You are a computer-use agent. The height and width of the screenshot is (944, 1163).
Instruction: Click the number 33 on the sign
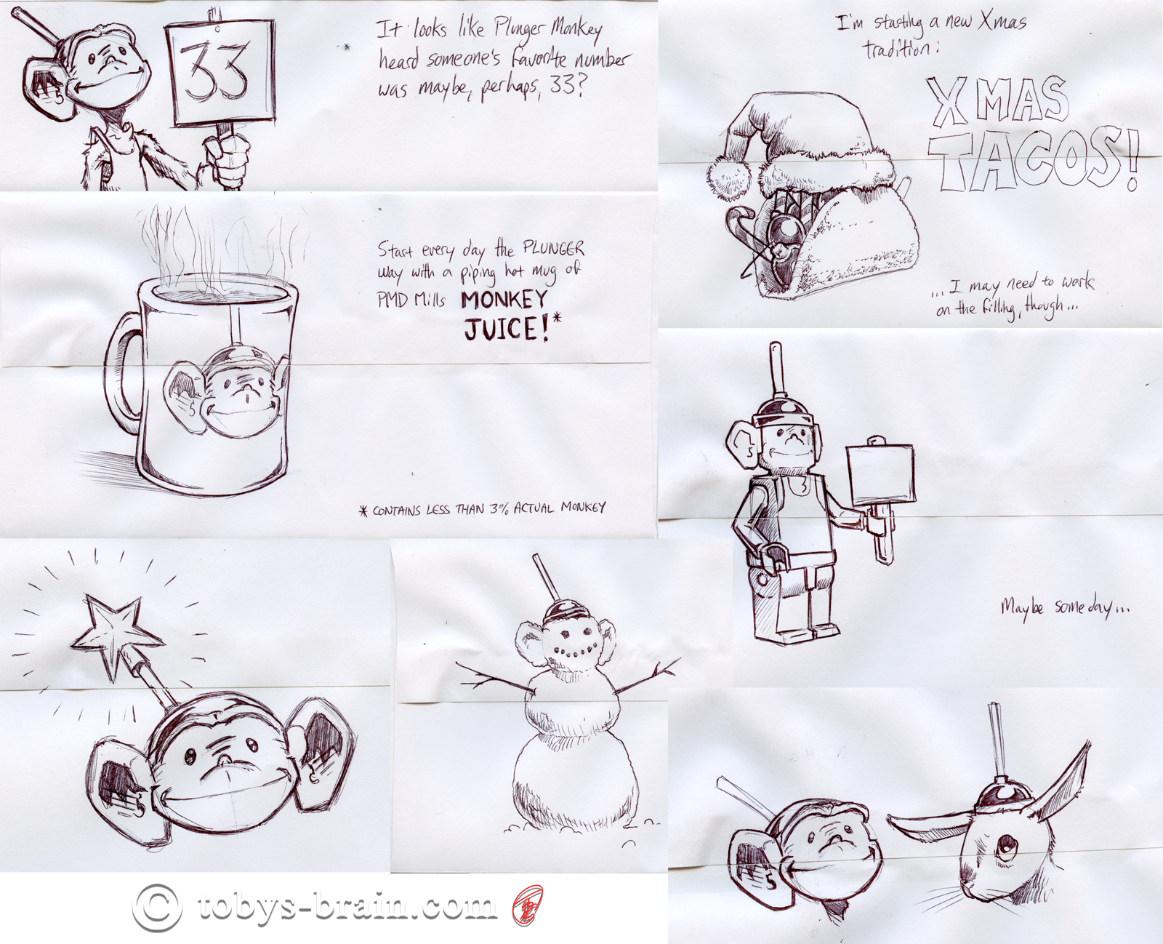click(x=214, y=73)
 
